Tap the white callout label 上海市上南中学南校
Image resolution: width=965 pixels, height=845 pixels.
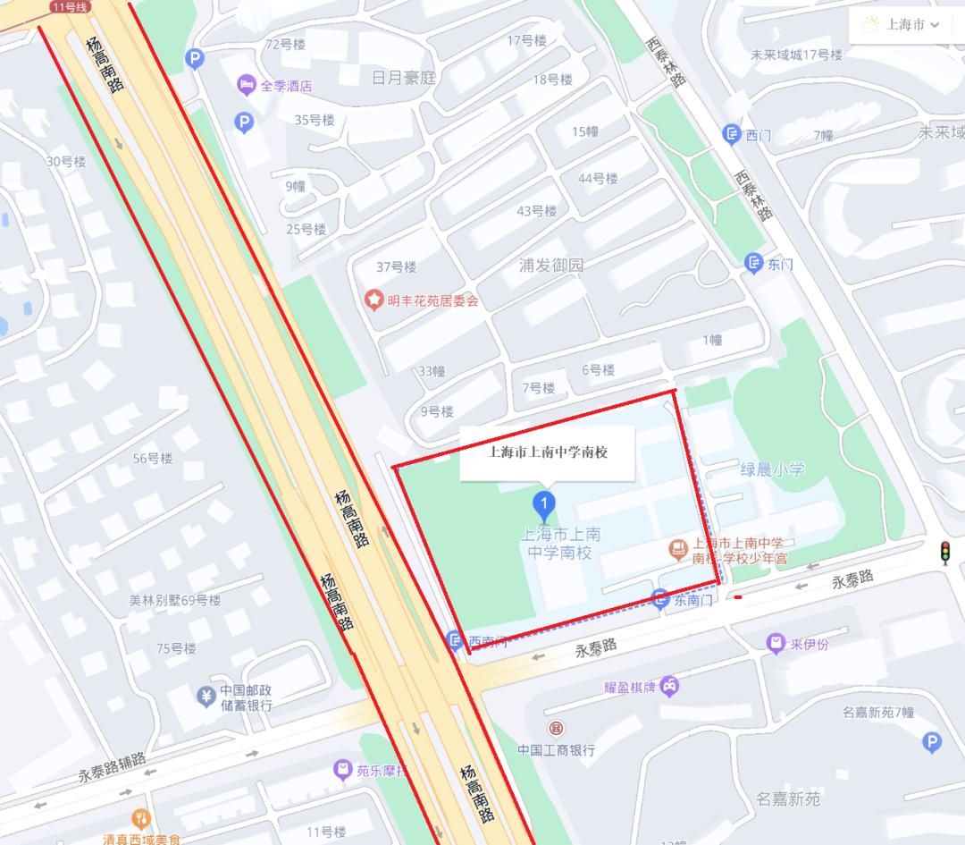click(548, 452)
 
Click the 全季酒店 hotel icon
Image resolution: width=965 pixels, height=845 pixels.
click(247, 86)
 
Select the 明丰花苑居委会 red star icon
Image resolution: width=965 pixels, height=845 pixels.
click(373, 300)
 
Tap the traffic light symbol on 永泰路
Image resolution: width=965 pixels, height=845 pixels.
click(944, 553)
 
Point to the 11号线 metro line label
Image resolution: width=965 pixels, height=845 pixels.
click(71, 6)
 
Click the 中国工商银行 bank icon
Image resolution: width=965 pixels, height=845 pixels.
click(556, 729)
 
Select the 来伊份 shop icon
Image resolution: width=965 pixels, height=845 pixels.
click(776, 643)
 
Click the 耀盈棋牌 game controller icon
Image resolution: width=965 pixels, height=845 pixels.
click(669, 687)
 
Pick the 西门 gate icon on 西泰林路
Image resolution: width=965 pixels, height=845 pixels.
click(732, 135)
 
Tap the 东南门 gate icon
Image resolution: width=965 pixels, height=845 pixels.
click(661, 600)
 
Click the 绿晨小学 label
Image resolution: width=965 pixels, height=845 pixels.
click(772, 469)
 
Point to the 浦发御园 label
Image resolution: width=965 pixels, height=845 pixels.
click(551, 266)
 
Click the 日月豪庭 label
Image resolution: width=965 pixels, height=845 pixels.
click(403, 78)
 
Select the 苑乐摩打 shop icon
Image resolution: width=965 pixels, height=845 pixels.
click(342, 768)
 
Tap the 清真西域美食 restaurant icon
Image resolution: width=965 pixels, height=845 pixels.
click(140, 818)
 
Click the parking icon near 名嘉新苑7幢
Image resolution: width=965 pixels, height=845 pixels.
click(931, 741)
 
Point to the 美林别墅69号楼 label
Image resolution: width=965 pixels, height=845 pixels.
click(175, 600)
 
